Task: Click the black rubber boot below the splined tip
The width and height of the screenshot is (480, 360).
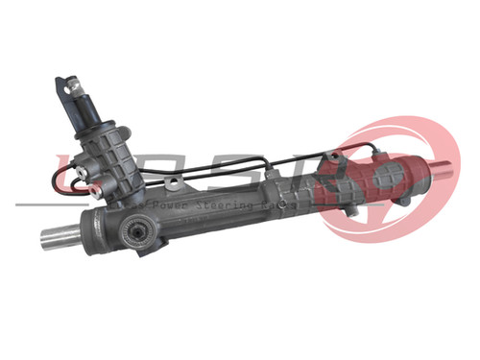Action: click(96, 112)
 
